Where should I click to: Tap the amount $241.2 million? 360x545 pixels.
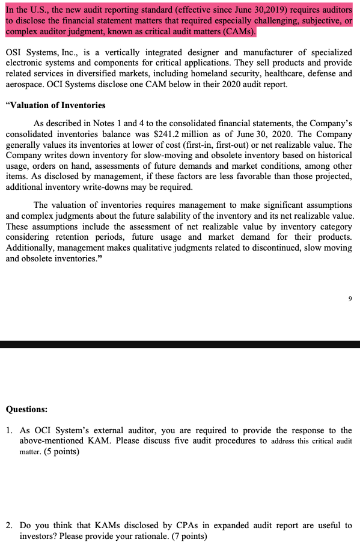pyautogui.click(x=240, y=133)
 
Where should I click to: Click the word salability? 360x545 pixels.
pyautogui.click(x=212, y=216)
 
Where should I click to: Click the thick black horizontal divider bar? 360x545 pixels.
pyautogui.click(x=180, y=344)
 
